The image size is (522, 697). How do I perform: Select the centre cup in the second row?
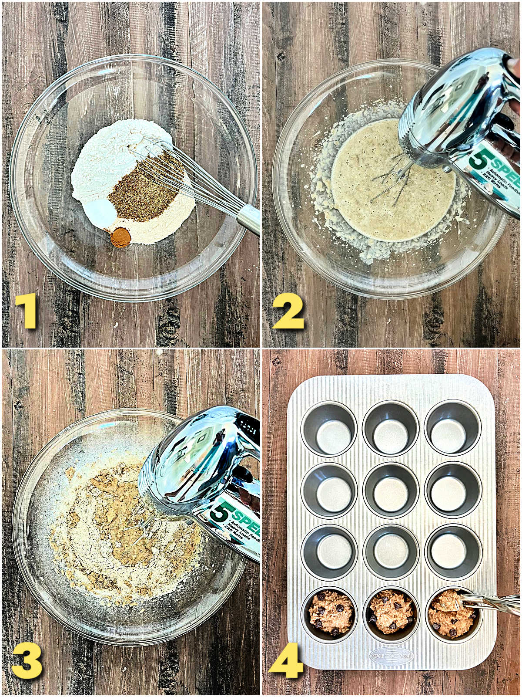coord(391,490)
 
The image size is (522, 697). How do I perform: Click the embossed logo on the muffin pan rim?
coord(391,656)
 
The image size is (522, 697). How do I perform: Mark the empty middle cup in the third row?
coord(391,551)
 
